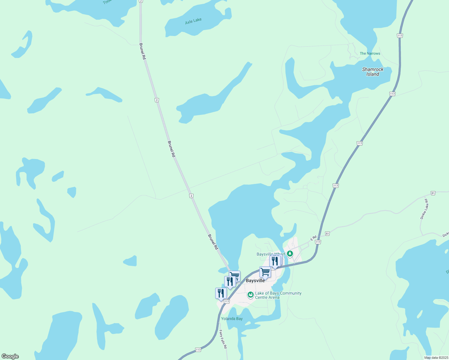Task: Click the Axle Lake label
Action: tap(193, 21)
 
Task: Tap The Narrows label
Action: tap(370, 53)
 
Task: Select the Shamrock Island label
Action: tap(373, 72)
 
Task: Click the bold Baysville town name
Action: tap(255, 280)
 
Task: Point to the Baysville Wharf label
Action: tap(271, 254)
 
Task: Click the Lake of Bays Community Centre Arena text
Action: tap(278, 295)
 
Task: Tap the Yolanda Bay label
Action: tap(232, 319)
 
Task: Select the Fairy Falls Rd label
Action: tap(223, 339)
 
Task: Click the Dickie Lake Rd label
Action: tap(424, 209)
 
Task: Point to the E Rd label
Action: tap(313, 238)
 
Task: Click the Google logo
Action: tap(10, 356)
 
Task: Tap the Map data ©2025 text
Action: tap(436, 358)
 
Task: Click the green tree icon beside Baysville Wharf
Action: tap(290, 254)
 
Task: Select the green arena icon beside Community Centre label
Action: tap(250, 295)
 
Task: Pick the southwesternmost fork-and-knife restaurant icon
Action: tap(221, 293)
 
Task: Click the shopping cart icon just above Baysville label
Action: tap(265, 272)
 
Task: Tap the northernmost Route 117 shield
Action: tap(399, 36)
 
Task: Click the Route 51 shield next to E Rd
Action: tap(327, 233)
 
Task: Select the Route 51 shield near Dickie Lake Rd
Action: tap(433, 193)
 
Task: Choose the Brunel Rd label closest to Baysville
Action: tap(213, 242)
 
